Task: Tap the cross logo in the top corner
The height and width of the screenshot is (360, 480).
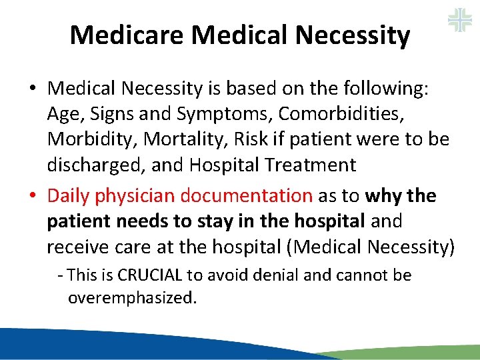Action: tap(459, 19)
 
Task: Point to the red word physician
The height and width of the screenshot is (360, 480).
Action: tap(133, 196)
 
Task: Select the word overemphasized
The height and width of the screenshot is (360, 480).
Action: tap(132, 297)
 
